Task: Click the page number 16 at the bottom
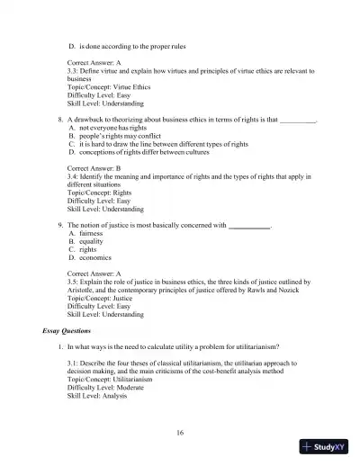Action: (180, 433)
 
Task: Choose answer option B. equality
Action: (88, 243)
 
